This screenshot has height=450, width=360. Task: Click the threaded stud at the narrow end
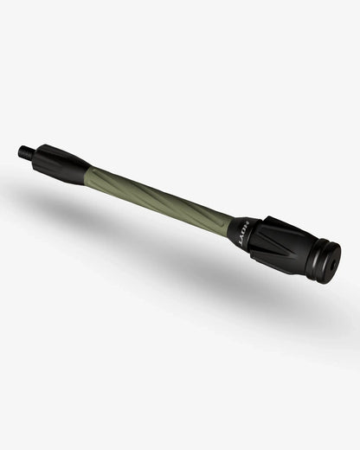(x=25, y=154)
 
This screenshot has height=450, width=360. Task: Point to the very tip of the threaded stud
(x=20, y=152)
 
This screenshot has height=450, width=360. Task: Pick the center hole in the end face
(x=331, y=266)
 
